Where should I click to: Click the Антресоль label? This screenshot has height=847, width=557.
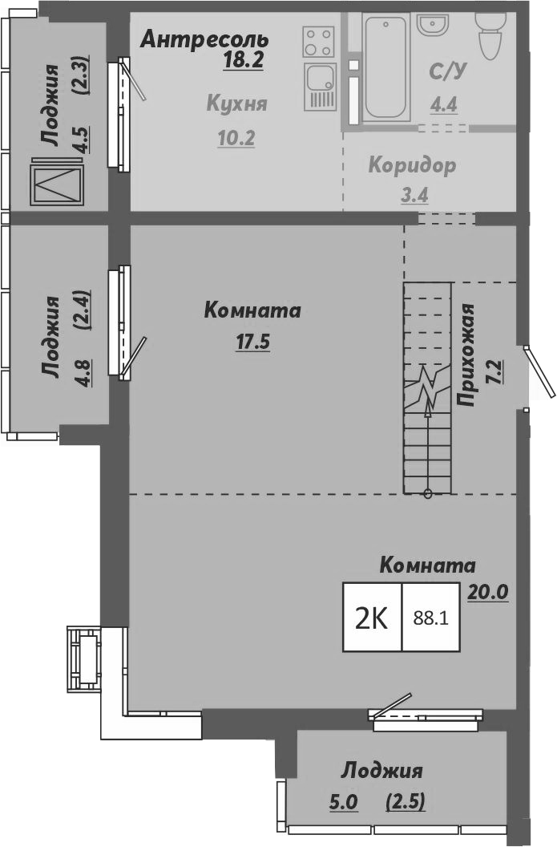tap(204, 38)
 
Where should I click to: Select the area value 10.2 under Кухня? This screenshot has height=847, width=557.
tap(236, 138)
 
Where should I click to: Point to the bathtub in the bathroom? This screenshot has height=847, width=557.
tap(385, 66)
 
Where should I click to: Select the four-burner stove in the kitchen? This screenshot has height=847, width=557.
tap(318, 43)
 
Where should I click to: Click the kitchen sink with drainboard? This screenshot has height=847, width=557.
tap(320, 87)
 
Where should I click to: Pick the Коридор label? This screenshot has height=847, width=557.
tap(412, 166)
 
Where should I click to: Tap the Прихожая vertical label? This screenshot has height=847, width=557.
tap(469, 356)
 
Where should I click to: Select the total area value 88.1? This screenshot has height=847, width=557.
tap(430, 618)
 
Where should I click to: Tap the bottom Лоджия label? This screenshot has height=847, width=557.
tap(381, 772)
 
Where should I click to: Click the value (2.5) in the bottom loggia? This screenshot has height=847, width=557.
tap(405, 800)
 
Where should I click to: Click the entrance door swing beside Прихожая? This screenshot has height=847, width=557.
tap(539, 371)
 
